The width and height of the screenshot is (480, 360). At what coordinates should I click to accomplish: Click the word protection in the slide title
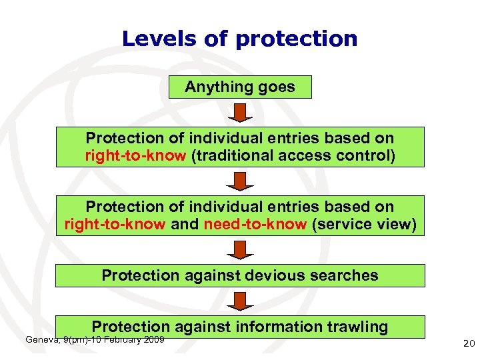tap(296, 39)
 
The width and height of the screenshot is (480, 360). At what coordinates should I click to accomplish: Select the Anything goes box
tap(240, 87)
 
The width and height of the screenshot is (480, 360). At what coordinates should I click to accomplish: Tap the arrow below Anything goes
tap(240, 111)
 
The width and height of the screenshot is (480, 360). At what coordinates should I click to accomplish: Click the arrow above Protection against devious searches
tap(240, 249)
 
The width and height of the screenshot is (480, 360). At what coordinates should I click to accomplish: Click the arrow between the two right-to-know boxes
tap(240, 180)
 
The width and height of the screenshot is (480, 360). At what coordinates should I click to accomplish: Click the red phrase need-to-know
tap(255, 225)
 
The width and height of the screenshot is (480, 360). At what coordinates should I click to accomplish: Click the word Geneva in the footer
tap(41, 340)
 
